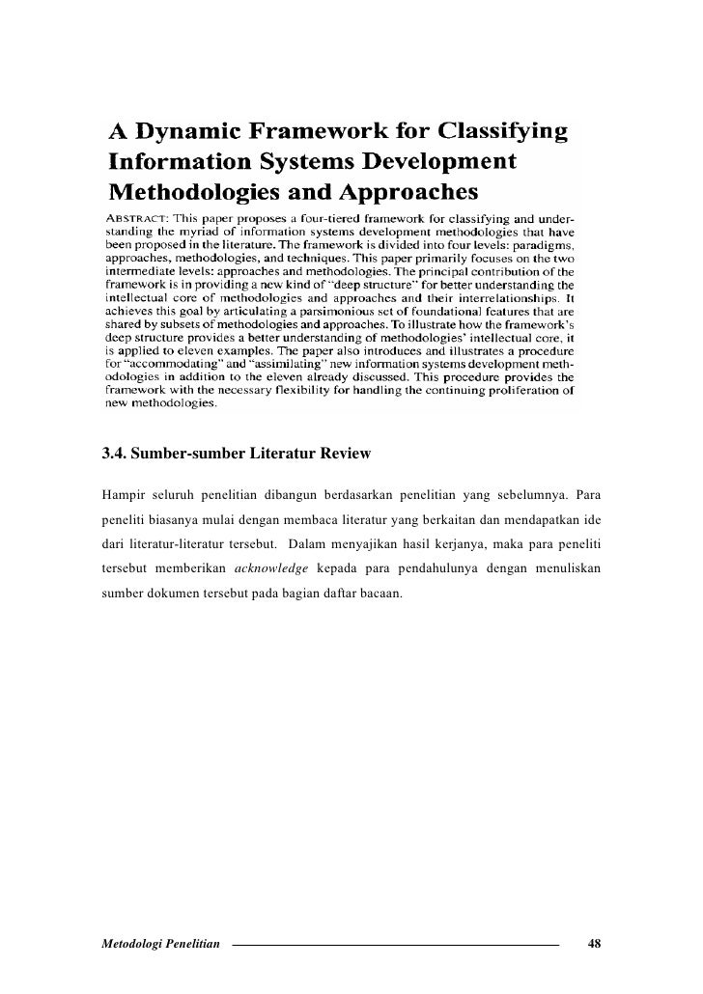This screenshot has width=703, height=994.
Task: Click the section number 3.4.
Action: (113, 453)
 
